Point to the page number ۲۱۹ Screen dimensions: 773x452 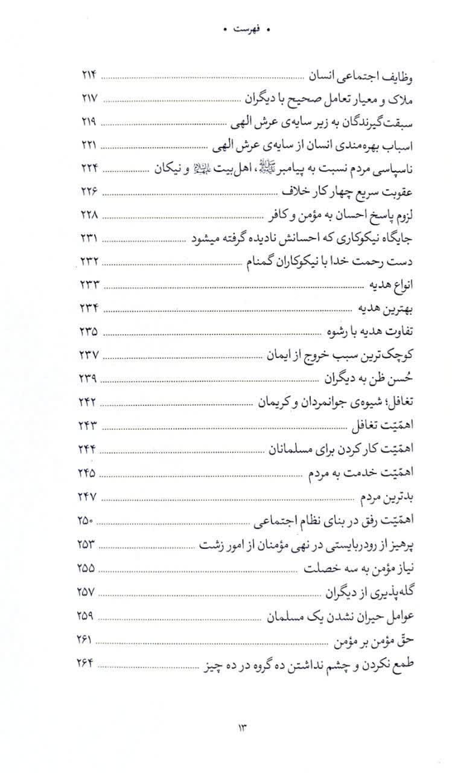[x=89, y=122]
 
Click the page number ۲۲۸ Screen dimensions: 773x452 [x=89, y=215]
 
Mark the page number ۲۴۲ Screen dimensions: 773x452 [x=89, y=402]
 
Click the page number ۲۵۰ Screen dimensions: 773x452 [x=89, y=518]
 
